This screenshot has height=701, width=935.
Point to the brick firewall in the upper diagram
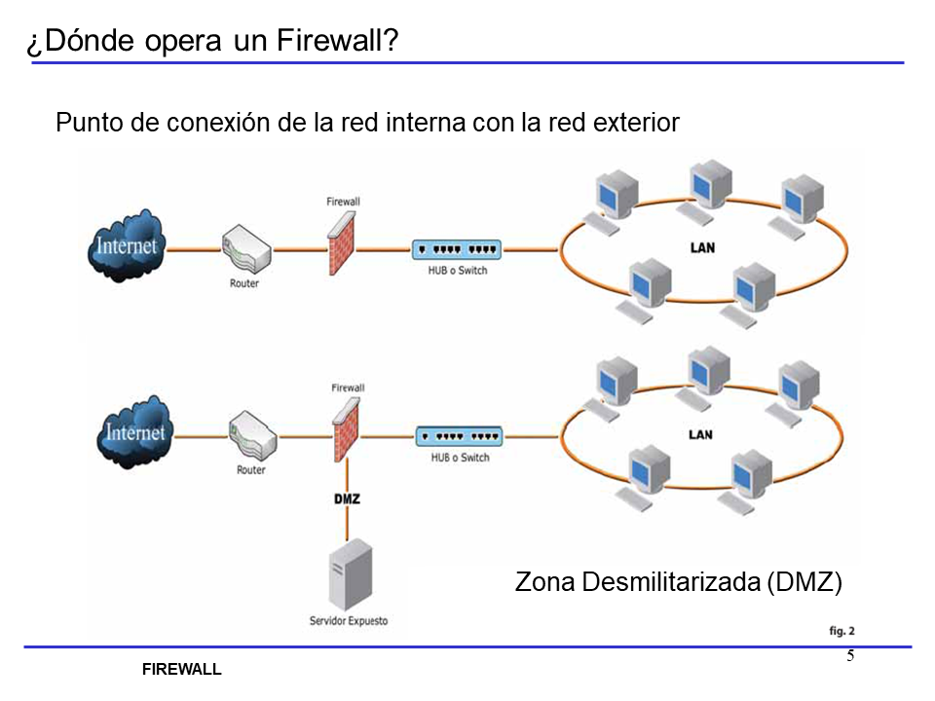coord(341,243)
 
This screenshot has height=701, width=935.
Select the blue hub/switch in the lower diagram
coord(460,436)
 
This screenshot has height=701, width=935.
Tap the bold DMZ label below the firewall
coord(347,499)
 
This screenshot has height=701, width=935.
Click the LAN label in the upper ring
coord(701,247)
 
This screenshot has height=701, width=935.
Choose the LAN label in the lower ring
coord(700,434)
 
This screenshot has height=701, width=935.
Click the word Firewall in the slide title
coord(337,42)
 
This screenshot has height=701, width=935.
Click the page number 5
coord(850,655)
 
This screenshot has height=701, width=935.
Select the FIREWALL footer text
coord(182,670)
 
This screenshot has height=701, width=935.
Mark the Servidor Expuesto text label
coord(348,621)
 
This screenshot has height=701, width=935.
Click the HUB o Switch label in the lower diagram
coord(460,457)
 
